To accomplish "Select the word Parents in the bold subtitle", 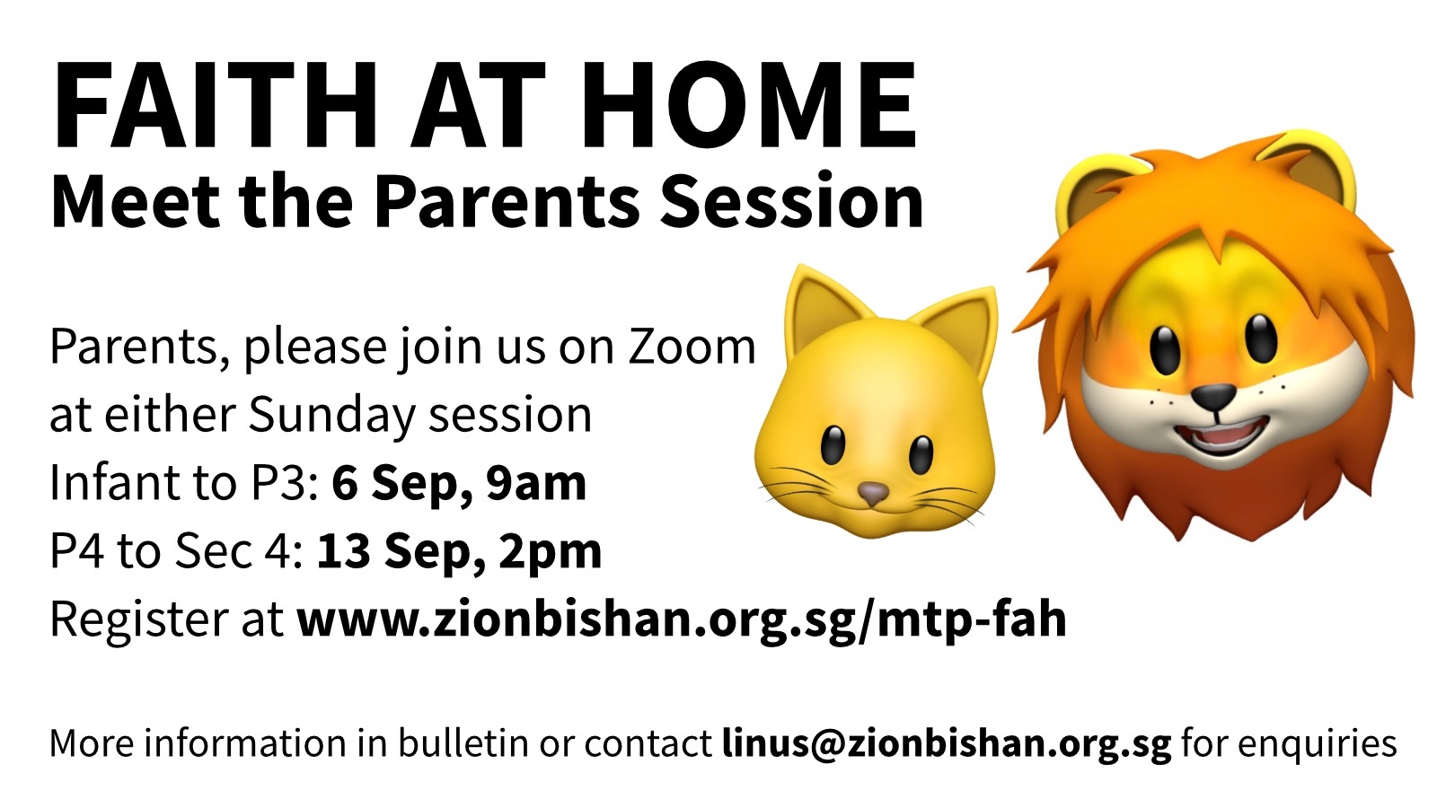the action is point(507,201).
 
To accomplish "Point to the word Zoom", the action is point(692,347).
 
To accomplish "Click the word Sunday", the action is point(332,415).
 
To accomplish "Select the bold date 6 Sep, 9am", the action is point(459,483).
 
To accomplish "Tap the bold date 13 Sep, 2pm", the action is point(459,551).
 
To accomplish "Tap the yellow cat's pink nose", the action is point(873,494).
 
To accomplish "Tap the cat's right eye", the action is point(921,454).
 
